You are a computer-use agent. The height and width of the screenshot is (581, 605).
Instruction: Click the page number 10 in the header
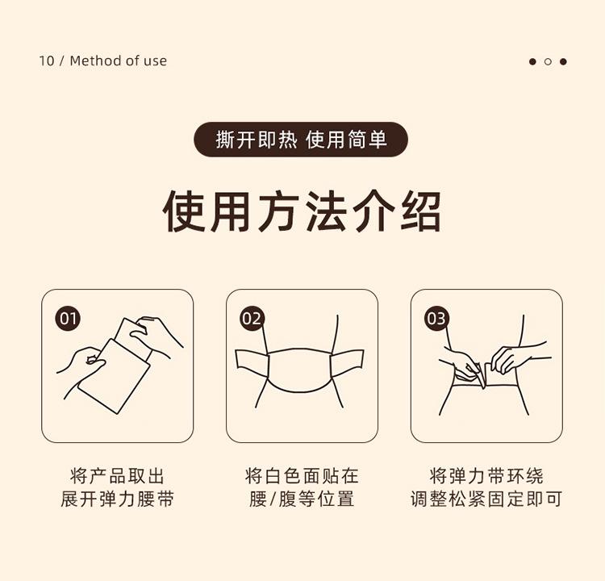[x=46, y=61]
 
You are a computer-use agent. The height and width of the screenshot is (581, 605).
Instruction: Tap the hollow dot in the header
[x=548, y=61]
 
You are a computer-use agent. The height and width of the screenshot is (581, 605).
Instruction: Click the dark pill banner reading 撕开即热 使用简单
[x=301, y=140]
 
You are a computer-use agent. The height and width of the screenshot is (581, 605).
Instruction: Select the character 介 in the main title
[x=373, y=211]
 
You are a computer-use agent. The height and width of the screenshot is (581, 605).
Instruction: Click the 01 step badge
[x=68, y=319]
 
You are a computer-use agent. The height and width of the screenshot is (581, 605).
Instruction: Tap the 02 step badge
[x=252, y=319]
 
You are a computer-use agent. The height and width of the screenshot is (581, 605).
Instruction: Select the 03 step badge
[x=436, y=319]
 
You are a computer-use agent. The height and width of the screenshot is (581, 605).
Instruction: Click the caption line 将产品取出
[x=117, y=476]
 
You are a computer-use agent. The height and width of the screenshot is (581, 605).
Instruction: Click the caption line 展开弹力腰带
[x=117, y=499]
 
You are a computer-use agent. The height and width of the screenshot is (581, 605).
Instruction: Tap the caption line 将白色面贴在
[x=302, y=476]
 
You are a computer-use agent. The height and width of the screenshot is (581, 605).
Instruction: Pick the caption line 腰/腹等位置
[x=302, y=499]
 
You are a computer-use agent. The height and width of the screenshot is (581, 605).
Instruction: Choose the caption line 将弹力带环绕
[x=486, y=476]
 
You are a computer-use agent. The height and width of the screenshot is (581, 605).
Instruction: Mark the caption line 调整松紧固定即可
[x=486, y=499]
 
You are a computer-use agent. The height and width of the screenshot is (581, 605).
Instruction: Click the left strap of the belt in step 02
[x=252, y=363]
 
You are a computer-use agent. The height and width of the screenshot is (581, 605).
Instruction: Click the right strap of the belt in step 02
[x=347, y=363]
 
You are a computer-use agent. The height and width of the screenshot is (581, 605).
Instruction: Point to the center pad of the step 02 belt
[x=299, y=370]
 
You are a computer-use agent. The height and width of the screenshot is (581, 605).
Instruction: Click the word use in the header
[x=156, y=61]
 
